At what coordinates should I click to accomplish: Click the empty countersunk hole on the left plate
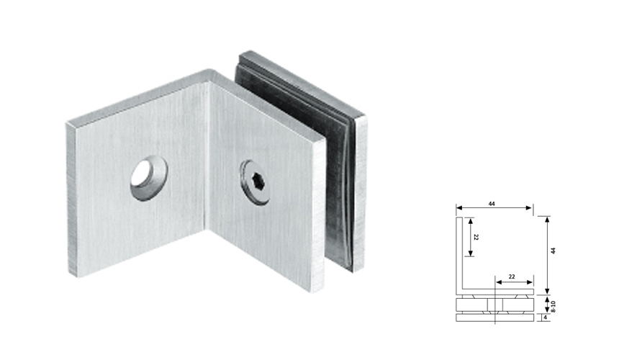pyautogui.click(x=148, y=176)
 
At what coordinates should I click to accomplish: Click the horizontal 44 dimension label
pyautogui.click(x=492, y=204)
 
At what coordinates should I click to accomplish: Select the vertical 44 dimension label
pyautogui.click(x=553, y=250)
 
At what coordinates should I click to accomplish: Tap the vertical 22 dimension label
pyautogui.click(x=476, y=237)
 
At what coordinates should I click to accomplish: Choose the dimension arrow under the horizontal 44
pyautogui.click(x=494, y=210)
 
